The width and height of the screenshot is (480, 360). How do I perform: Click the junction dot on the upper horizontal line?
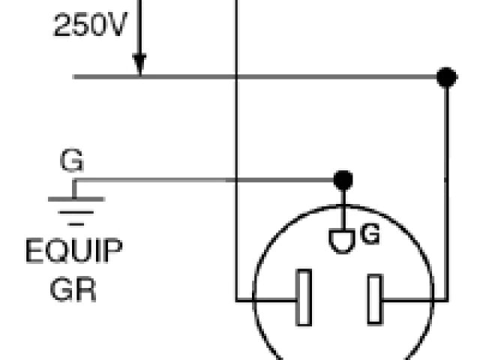[447, 76]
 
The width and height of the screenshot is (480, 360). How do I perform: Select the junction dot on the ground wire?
[343, 180]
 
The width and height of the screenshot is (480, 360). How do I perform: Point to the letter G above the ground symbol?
[72, 161]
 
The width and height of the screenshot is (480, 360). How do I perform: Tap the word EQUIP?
[73, 252]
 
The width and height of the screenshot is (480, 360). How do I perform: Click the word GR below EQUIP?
[73, 289]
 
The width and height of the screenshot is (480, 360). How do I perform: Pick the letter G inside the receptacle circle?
[370, 235]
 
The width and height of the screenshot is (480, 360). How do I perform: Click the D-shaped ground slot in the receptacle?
[343, 241]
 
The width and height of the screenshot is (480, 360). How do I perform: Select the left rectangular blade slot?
[304, 298]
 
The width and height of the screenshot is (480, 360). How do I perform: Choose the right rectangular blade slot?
[374, 299]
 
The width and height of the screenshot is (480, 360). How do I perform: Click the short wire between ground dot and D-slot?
[343, 205]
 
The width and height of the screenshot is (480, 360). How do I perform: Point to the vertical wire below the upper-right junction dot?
[447, 187]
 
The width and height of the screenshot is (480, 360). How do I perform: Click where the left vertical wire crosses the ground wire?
[237, 180]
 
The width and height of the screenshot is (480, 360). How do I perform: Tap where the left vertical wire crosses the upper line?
[237, 76]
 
